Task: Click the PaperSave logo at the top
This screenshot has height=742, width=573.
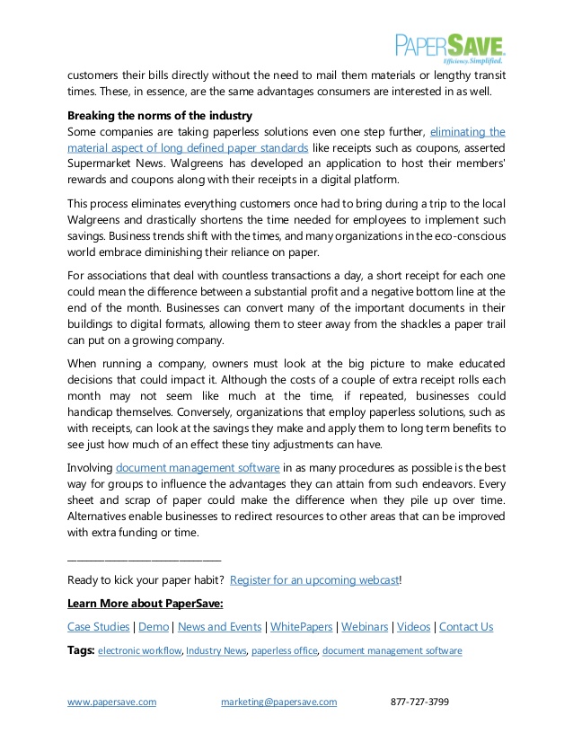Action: tap(450, 47)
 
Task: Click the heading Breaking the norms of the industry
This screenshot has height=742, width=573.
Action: tap(160, 115)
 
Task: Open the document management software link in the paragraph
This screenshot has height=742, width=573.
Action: tap(198, 468)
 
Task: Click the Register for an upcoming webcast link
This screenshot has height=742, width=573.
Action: tap(313, 580)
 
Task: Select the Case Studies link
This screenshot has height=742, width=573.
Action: tap(99, 627)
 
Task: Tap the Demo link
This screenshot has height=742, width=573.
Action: tap(154, 627)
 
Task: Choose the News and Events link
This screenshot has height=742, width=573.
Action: tap(220, 627)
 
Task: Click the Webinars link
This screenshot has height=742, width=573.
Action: tap(366, 627)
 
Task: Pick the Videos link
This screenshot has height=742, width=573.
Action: tap(414, 627)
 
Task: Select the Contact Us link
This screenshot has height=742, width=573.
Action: tap(466, 627)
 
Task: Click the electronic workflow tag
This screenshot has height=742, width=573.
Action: tap(140, 650)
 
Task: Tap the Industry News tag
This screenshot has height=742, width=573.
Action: tap(216, 650)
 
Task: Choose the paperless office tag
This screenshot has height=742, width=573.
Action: tap(284, 650)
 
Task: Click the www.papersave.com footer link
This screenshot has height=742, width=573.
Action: tap(112, 702)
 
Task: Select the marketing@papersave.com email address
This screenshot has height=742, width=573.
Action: tap(278, 702)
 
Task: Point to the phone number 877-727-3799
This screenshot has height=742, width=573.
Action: tap(419, 702)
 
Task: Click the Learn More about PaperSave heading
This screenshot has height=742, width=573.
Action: tap(145, 603)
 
